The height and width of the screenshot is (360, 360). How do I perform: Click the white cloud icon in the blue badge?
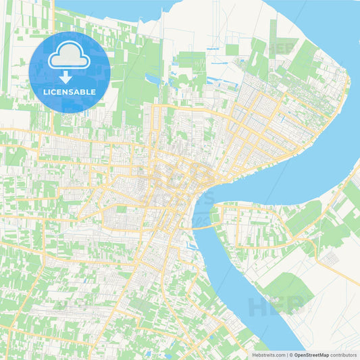tap(70, 59)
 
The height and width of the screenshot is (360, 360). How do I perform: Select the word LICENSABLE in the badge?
tap(70, 92)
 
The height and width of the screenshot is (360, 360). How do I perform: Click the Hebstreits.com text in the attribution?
tap(268, 354)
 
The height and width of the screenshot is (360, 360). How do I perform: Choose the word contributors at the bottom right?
tap(343, 354)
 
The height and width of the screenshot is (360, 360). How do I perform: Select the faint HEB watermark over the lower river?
tap(270, 307)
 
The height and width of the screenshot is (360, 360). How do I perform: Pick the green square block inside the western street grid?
tap(122, 209)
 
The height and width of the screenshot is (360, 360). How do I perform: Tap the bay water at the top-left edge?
tap(101, 8)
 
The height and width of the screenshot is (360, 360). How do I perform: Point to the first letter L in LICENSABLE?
tap(45, 92)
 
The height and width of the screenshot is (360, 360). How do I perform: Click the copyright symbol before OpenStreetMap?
tap(291, 354)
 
